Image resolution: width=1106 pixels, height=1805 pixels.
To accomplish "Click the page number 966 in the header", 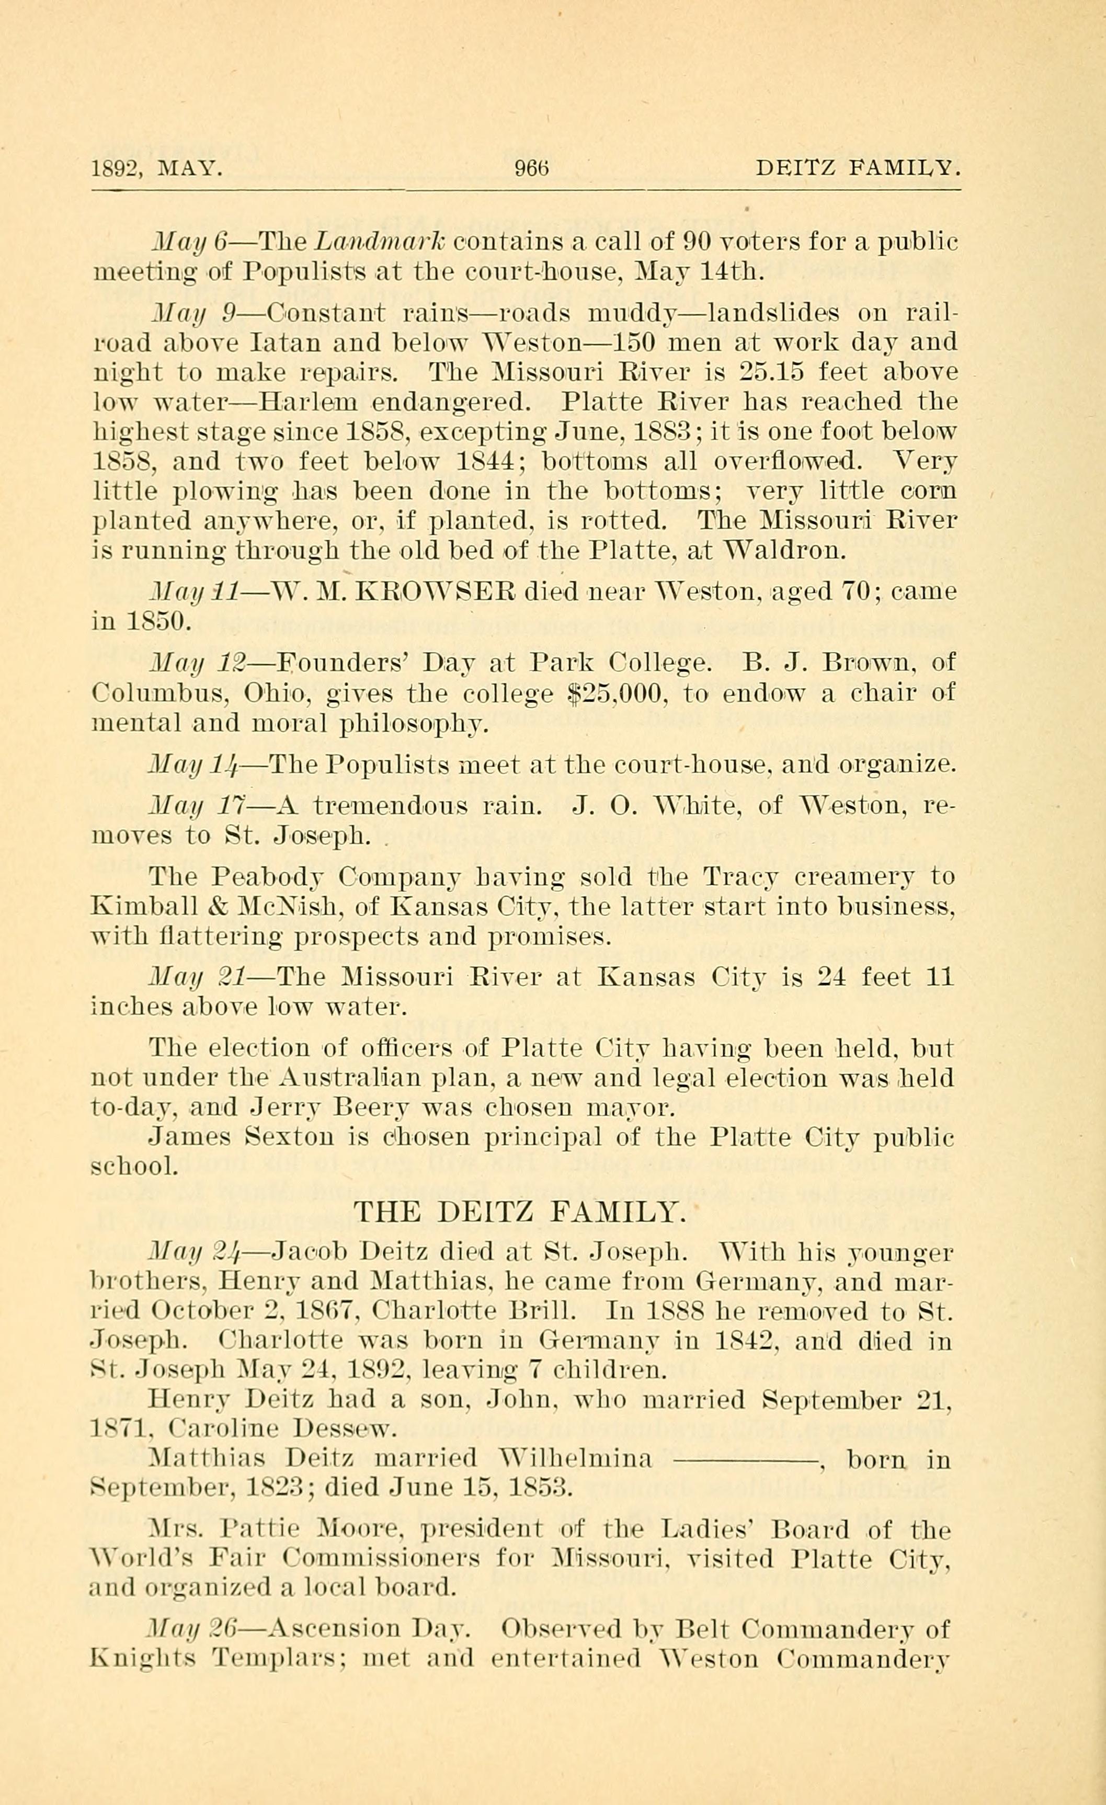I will (x=532, y=169).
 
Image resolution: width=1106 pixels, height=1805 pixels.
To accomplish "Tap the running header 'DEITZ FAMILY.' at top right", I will (x=858, y=169).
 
